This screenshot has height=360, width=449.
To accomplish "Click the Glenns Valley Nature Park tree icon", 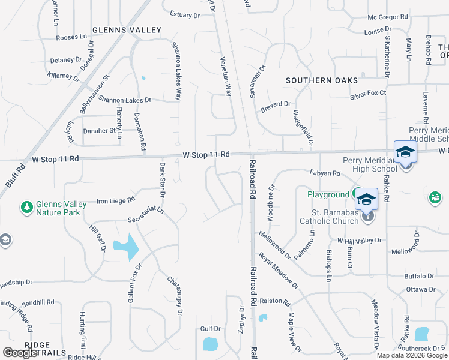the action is tap(26, 208).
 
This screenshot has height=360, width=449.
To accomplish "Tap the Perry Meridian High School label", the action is tap(370, 164).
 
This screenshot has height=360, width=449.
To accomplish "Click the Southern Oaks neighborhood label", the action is tap(322, 80).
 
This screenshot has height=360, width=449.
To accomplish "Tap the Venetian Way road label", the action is tap(226, 77).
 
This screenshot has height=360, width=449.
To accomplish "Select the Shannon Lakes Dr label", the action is tap(125, 100).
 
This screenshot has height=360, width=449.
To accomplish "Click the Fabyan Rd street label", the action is tap(325, 173).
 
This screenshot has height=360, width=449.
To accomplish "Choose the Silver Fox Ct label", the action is tap(368, 93).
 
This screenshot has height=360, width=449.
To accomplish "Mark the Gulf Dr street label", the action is tap(211, 329).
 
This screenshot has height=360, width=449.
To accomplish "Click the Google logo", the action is tap(20, 353).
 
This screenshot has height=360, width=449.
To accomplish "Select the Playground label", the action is tap(328, 195).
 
